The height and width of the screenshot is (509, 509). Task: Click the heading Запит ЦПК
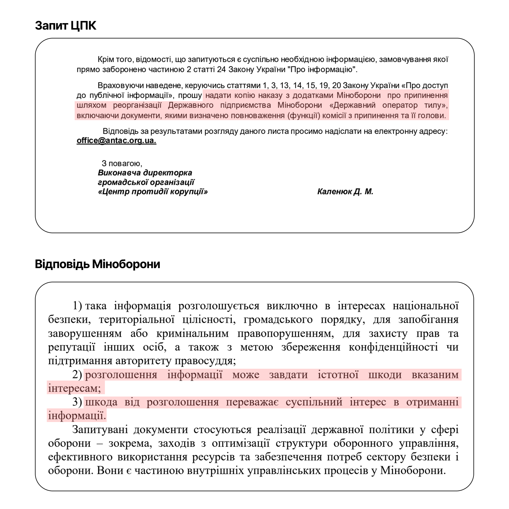click(x=65, y=26)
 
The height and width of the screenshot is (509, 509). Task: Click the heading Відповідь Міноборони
click(x=97, y=264)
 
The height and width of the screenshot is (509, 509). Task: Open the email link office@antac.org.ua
click(x=116, y=141)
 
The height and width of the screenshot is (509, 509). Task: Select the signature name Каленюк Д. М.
click(x=345, y=192)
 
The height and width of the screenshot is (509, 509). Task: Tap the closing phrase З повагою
click(x=122, y=163)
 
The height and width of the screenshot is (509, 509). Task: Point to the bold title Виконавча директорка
click(x=145, y=173)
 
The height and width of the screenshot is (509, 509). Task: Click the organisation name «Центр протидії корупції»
click(x=153, y=192)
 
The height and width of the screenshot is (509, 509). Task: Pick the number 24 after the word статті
click(x=221, y=70)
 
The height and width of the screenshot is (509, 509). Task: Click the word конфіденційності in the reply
click(x=393, y=347)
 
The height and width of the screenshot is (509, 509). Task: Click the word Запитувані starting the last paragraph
click(x=99, y=429)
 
